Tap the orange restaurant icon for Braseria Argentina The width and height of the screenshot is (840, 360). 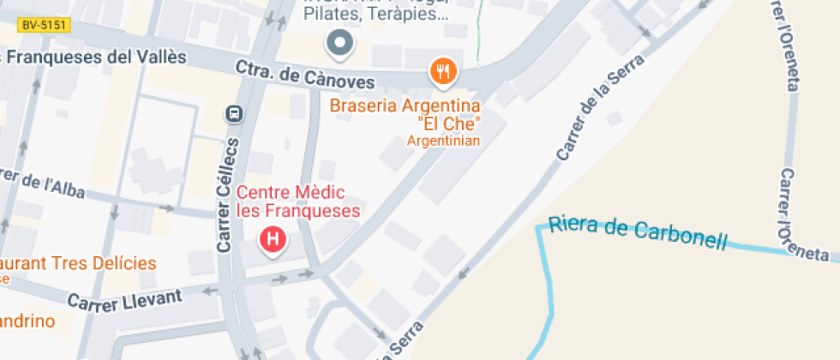[442, 73]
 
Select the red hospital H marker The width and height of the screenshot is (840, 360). [273, 239]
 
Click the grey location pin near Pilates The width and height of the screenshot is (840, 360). [339, 43]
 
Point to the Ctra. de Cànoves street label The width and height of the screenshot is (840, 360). [305, 76]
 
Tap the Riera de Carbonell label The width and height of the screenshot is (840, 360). [637, 231]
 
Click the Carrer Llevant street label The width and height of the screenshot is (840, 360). [124, 300]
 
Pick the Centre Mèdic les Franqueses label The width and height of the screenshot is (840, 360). [298, 201]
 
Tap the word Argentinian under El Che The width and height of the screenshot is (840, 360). [443, 140]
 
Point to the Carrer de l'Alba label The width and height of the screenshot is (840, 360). [43, 183]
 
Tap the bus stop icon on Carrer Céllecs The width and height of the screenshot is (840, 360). [232, 113]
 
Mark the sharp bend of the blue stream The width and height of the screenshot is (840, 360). [541, 228]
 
